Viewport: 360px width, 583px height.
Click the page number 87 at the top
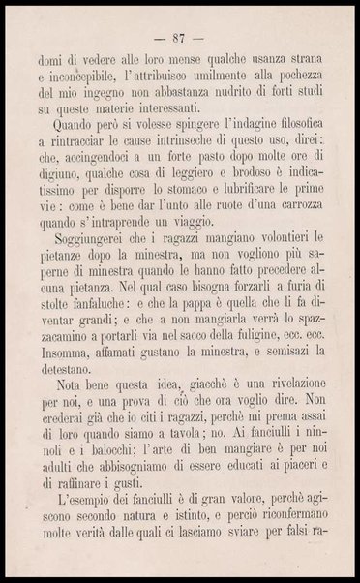[179, 38]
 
